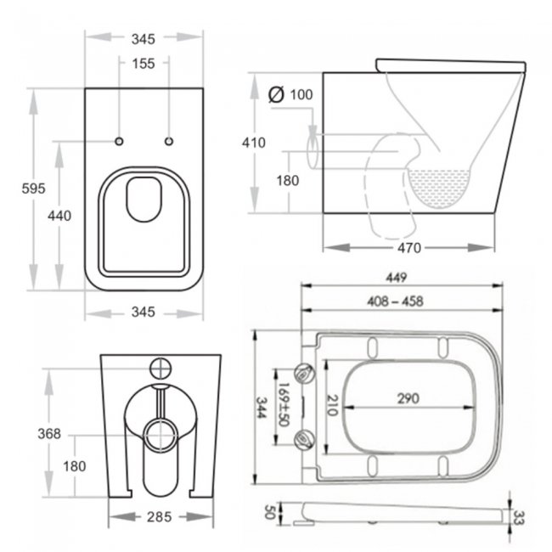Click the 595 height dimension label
pos(33,189)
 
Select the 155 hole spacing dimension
pos(144,64)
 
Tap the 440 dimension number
pos(59,216)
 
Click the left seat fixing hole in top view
pos(119,142)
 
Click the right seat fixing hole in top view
pos(169,142)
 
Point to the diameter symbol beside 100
pos(276,94)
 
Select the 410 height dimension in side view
pos(253,143)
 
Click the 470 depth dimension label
pos(409,248)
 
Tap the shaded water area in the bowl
pos(439,188)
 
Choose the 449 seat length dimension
pos(397,278)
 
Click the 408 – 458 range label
pos(395,301)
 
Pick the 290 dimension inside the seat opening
pos(408,398)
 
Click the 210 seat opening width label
pos(332,405)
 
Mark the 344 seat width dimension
pos(262,408)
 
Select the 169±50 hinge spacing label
pos(284,404)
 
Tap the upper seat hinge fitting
pos(304,374)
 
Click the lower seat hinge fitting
pos(304,439)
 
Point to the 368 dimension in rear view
pos(49,434)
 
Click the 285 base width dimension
pos(159,517)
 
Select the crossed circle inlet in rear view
pos(161,369)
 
